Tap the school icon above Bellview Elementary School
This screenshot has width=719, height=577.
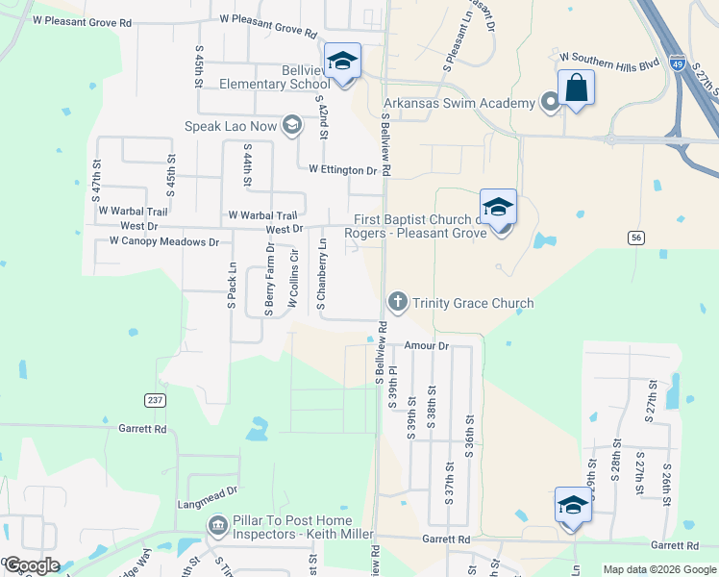342,61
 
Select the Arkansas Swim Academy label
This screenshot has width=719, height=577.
459,103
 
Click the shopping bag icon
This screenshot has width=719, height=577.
576,87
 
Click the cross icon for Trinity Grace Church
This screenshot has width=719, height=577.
397,303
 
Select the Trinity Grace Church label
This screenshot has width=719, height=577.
472,304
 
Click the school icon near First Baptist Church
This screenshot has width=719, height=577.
498,207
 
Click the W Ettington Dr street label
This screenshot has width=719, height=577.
342,170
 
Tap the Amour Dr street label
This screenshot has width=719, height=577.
427,345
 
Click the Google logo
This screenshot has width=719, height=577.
32,565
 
